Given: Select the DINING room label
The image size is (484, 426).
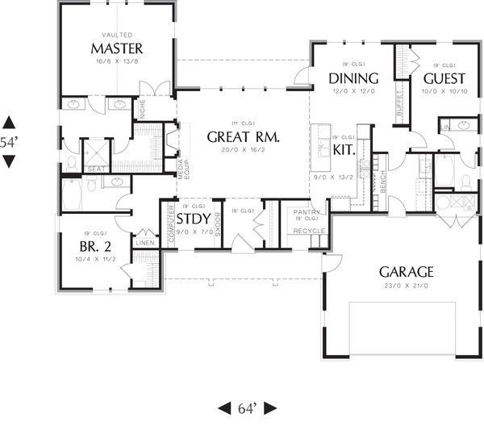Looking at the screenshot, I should pyautogui.click(x=353, y=78).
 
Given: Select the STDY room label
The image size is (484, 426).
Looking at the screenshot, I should pyautogui.click(x=194, y=219).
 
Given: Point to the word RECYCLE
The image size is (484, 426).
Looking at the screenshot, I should pyautogui.click(x=310, y=231).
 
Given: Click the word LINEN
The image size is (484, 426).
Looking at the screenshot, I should pyautogui.click(x=145, y=242).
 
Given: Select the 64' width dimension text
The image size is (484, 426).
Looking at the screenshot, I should pyautogui.click(x=247, y=407).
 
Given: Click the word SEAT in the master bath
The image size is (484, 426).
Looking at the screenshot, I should pyautogui.click(x=95, y=169).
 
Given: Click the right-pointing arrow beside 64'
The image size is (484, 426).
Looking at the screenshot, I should pyautogui.click(x=271, y=407).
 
